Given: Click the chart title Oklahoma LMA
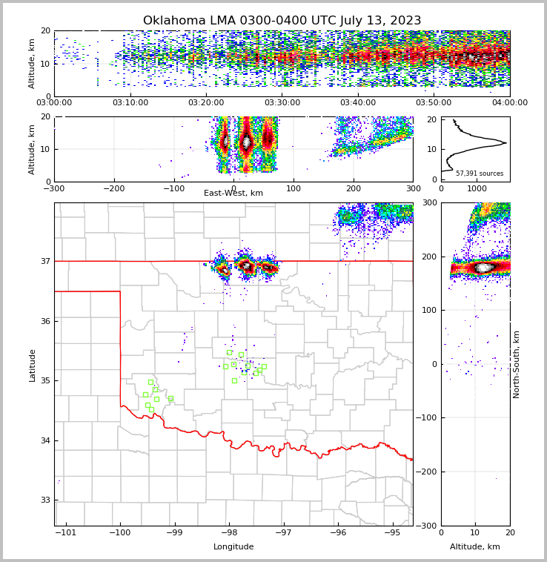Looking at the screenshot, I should point(282,21).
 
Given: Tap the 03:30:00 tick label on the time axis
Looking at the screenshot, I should point(282,103).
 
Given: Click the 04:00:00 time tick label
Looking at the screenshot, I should point(509,103).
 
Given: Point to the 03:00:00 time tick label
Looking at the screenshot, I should point(54,103).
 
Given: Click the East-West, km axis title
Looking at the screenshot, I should point(233,194).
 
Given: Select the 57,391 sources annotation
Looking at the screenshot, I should point(480,173).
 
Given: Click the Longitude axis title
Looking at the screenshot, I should point(233,547).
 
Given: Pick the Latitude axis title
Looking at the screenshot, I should point(32,365).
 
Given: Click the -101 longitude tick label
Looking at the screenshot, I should point(66,533).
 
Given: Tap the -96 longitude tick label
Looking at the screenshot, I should point(338,533).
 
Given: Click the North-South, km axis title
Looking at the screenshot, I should point(517,364).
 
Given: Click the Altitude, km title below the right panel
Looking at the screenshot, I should point(475,547).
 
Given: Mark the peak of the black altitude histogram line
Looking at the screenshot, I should point(506,142).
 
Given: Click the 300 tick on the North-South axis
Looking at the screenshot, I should point(428,203).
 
